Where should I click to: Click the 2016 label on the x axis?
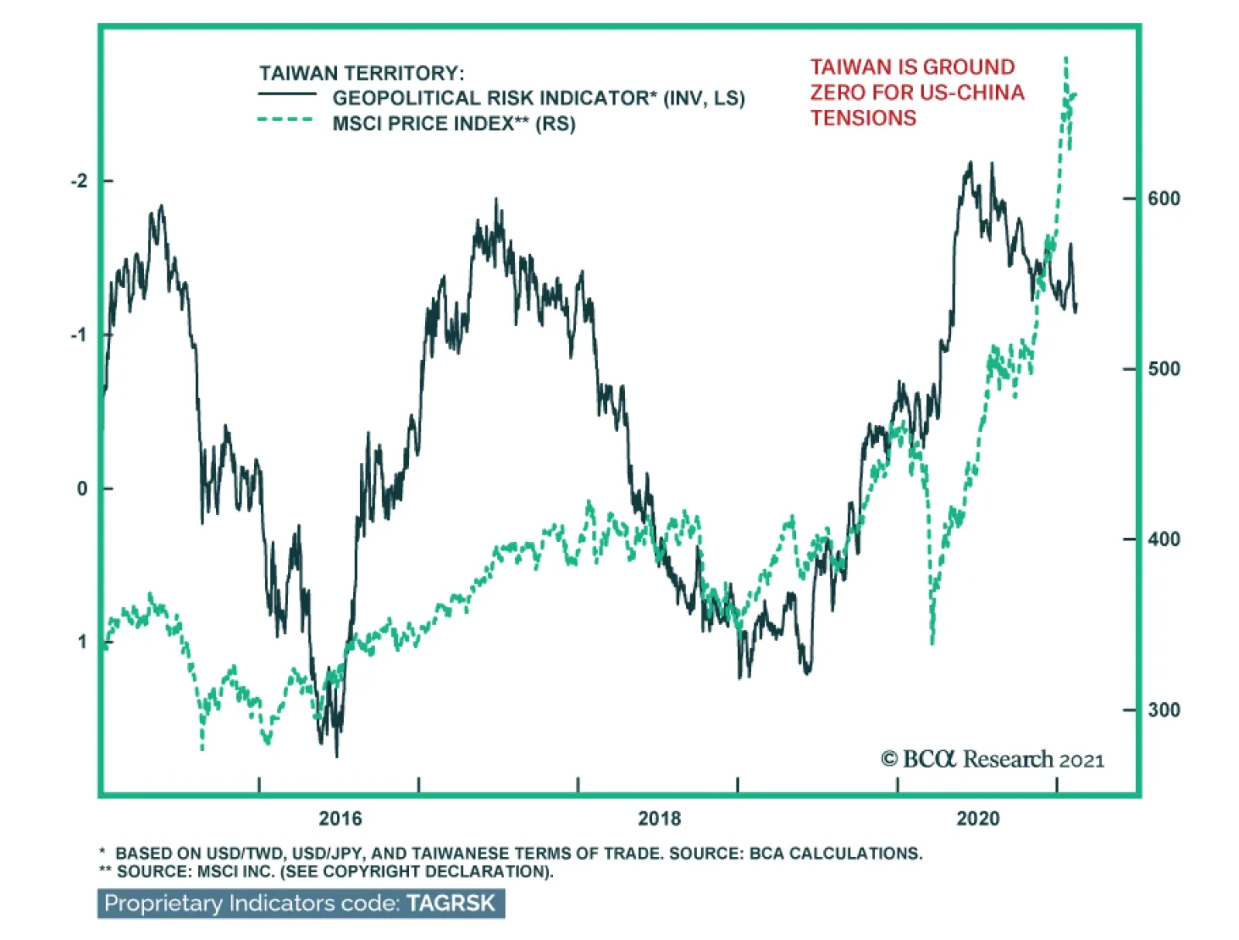(340, 818)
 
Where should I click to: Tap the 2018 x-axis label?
(659, 818)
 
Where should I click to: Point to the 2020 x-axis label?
(978, 818)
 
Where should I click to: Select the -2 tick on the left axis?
(79, 181)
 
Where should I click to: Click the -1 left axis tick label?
(79, 335)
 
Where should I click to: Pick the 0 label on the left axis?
(82, 489)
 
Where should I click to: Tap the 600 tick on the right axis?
(1164, 199)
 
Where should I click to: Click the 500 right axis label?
(1164, 369)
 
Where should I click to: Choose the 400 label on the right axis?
(1164, 540)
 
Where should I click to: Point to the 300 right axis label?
(1164, 710)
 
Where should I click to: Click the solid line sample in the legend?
(287, 94)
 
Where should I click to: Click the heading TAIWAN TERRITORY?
(362, 74)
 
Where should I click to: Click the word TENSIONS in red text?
(863, 118)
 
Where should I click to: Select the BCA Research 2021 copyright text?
(993, 760)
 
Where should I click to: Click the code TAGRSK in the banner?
(451, 904)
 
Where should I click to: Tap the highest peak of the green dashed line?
(1066, 58)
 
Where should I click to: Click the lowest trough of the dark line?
(337, 756)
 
